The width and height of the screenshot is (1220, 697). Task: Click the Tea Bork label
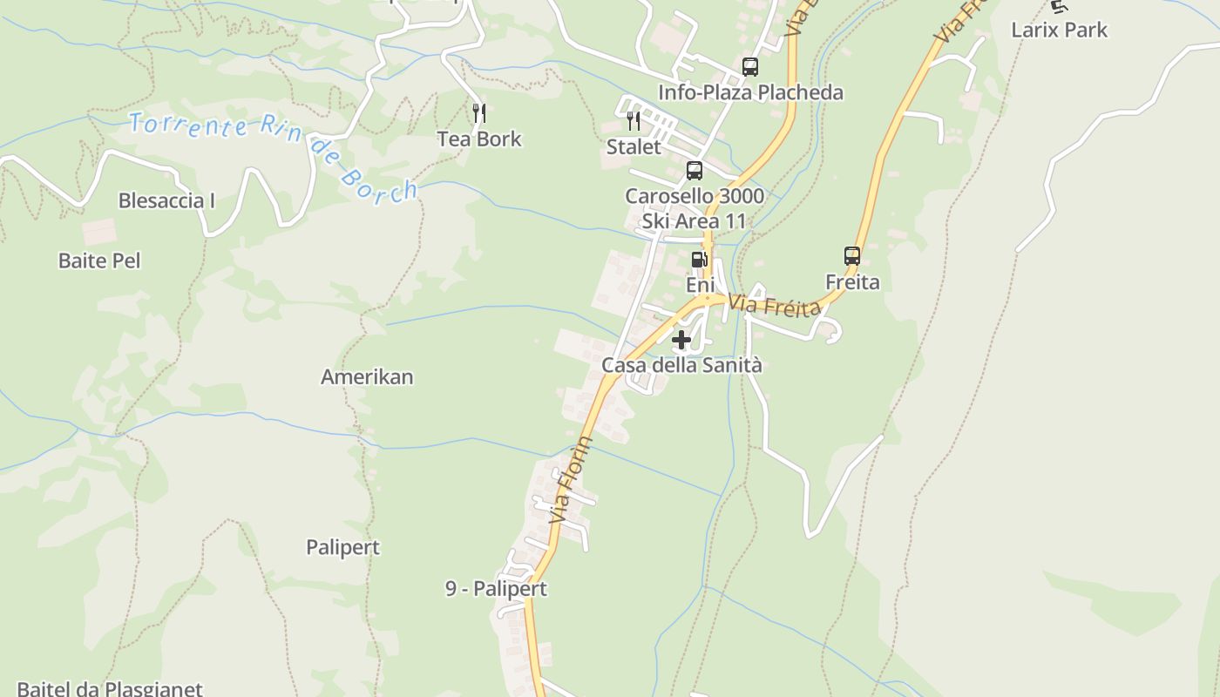(x=479, y=139)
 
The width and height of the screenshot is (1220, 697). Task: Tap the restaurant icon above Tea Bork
(x=478, y=112)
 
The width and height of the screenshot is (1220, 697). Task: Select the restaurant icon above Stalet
(x=634, y=120)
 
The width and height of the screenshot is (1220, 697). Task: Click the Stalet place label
(x=634, y=146)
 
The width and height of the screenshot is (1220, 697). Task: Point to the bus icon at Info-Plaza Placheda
(x=749, y=66)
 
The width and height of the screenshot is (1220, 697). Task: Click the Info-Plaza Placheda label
(x=750, y=92)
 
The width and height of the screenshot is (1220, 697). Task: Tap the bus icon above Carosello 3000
(x=695, y=171)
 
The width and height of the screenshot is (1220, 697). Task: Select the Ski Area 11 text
(x=695, y=220)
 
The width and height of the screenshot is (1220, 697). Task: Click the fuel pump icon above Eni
(x=699, y=259)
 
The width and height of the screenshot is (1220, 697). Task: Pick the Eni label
(x=700, y=285)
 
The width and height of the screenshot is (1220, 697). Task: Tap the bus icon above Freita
(x=852, y=256)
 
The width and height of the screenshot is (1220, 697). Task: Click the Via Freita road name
(x=776, y=307)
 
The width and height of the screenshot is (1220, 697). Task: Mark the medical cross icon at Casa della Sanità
(x=681, y=340)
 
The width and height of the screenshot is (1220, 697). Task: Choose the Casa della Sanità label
(x=681, y=365)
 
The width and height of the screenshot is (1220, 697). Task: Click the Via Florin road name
(x=572, y=480)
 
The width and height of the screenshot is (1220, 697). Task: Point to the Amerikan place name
(x=367, y=376)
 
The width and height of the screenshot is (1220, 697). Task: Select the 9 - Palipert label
(x=496, y=588)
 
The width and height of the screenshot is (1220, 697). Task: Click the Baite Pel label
(x=99, y=260)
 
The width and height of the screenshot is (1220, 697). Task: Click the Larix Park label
(x=1059, y=30)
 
